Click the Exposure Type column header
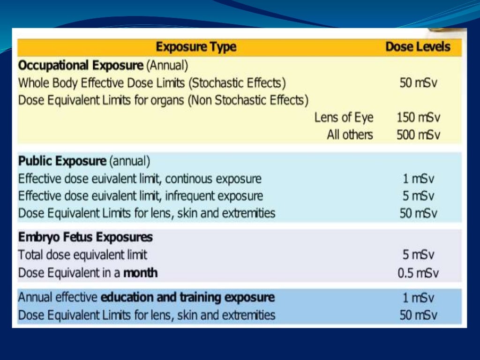pyautogui.click(x=196, y=47)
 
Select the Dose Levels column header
pyautogui.click(x=418, y=47)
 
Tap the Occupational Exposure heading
pyautogui.click(x=80, y=65)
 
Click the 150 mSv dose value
pyautogui.click(x=418, y=118)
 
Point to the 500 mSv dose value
pyautogui.click(x=418, y=135)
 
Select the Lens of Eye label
pyautogui.click(x=344, y=118)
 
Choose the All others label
pyautogui.click(x=350, y=135)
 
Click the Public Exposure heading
pyautogui.click(x=62, y=162)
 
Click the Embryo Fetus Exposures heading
pyautogui.click(x=85, y=238)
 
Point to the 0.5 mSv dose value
pyautogui.click(x=418, y=273)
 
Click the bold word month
pyautogui.click(x=141, y=273)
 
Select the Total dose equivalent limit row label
pyautogui.click(x=82, y=255)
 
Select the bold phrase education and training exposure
pyautogui.click(x=187, y=298)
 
